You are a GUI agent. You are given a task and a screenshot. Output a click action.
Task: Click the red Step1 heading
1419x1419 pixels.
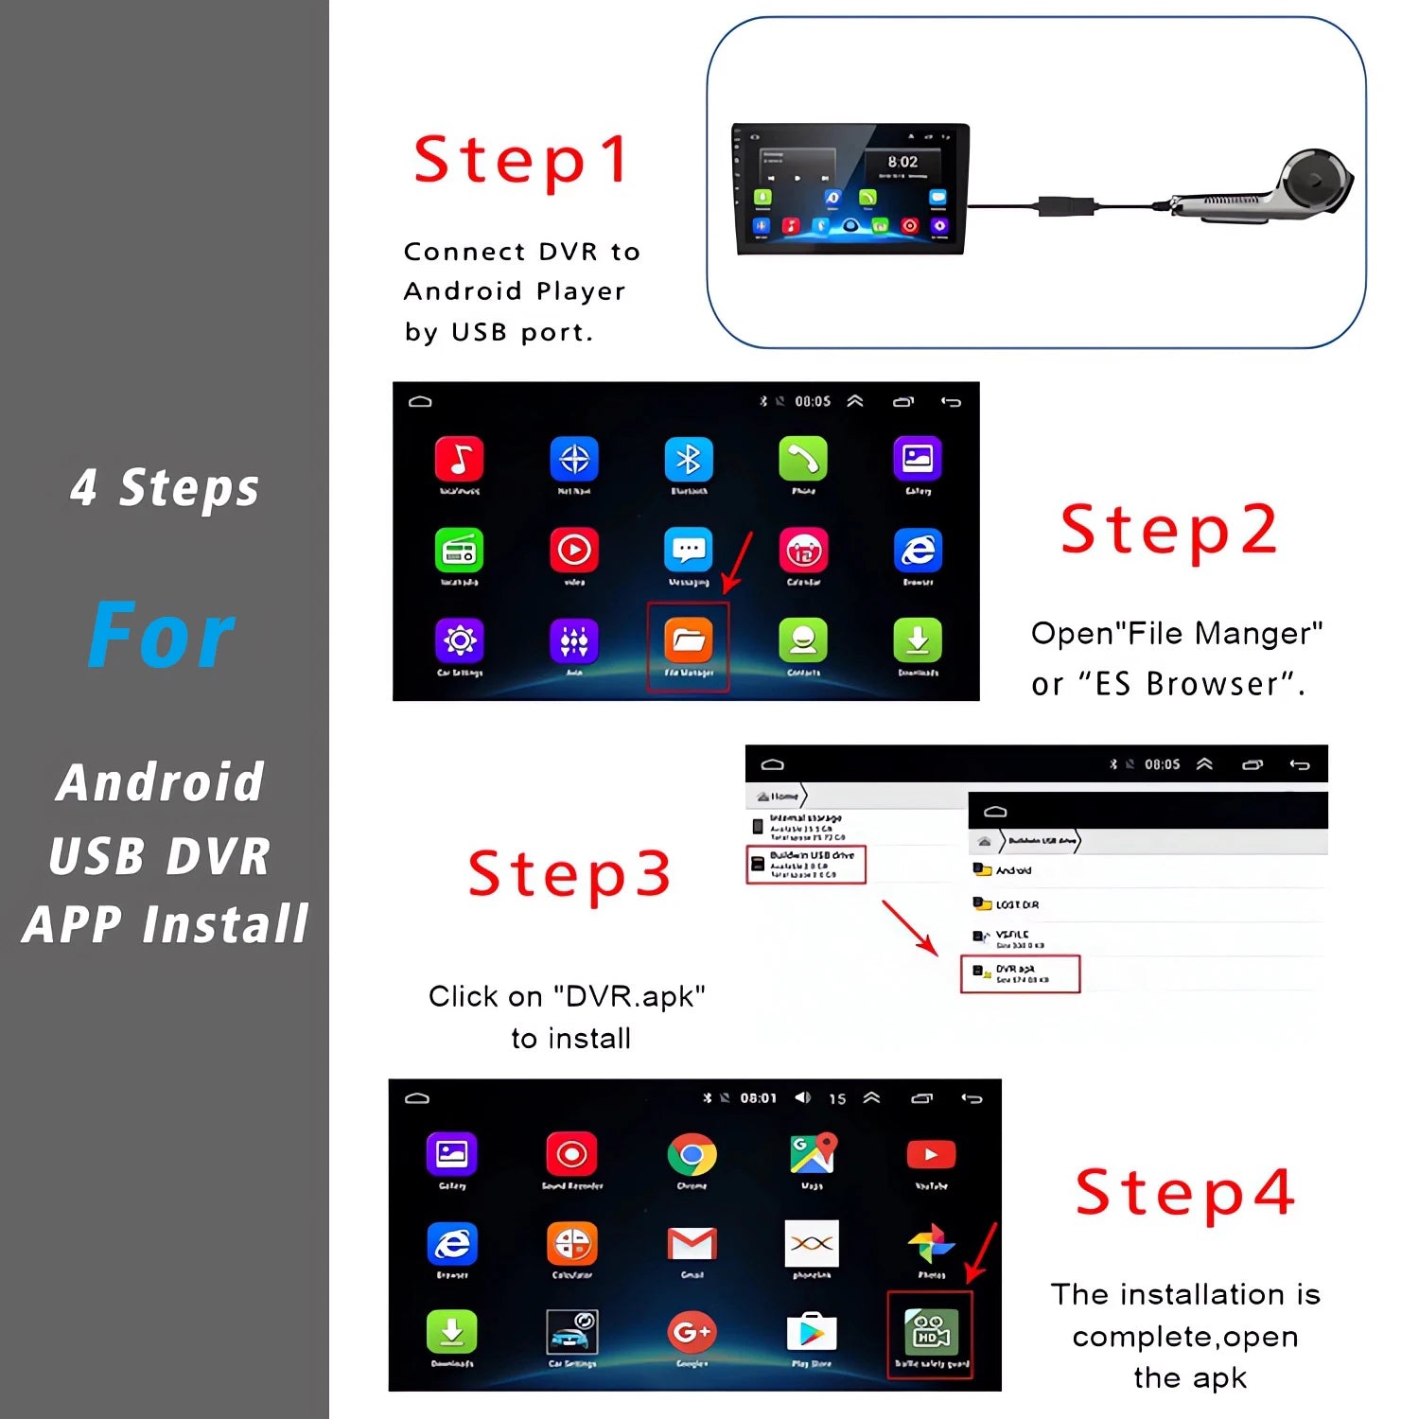(x=522, y=160)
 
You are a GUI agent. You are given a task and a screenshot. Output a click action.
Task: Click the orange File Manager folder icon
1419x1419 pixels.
(x=688, y=640)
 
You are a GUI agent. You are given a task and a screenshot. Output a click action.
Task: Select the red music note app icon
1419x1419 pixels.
(x=460, y=460)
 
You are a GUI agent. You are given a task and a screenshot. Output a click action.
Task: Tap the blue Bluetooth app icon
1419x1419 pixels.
(x=689, y=460)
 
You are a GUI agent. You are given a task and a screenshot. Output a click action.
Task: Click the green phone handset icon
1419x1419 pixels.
(x=803, y=460)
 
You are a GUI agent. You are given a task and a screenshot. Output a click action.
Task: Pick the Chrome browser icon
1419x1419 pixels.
(x=692, y=1155)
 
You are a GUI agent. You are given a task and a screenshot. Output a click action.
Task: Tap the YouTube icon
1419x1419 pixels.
(x=931, y=1155)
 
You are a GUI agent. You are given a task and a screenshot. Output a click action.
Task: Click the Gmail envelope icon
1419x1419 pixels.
(x=692, y=1243)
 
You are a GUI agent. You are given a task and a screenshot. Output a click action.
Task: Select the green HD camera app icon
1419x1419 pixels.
(x=931, y=1332)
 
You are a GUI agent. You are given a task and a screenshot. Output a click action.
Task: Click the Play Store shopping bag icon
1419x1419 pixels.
(x=812, y=1332)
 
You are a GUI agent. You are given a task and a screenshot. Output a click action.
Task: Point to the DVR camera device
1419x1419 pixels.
(x=1268, y=189)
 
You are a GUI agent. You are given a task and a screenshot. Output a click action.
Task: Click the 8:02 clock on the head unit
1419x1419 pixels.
(x=902, y=162)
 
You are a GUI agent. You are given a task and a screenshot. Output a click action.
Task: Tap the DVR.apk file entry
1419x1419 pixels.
(x=1020, y=973)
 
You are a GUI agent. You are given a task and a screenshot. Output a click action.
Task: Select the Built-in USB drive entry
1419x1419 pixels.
(x=806, y=864)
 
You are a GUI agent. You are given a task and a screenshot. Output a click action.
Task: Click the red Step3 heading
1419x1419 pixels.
(x=569, y=873)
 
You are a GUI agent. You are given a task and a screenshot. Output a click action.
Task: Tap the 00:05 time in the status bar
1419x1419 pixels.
(x=813, y=401)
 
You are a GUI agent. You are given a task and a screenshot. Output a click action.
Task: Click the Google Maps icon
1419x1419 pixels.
(x=813, y=1154)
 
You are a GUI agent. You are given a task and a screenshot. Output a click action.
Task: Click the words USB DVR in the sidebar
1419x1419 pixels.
(x=160, y=856)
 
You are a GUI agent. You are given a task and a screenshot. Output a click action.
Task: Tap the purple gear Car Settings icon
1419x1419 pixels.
(x=460, y=641)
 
